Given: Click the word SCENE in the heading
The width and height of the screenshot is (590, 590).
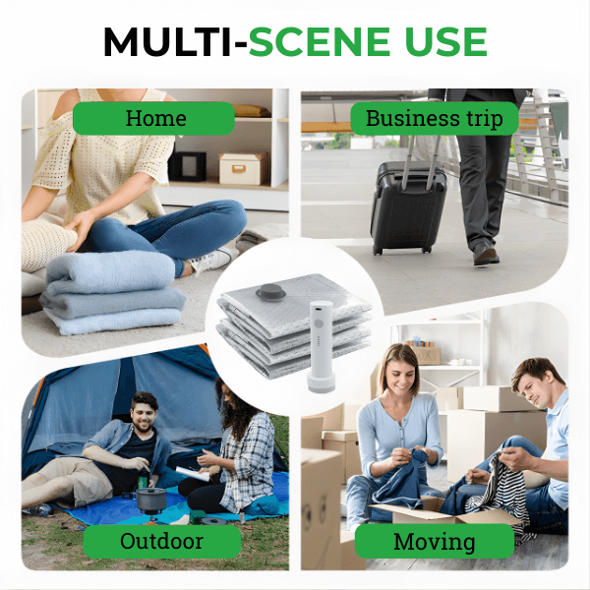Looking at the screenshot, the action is click(x=320, y=41).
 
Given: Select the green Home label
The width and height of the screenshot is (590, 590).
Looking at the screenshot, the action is click(x=153, y=118).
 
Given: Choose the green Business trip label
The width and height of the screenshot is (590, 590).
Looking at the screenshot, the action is click(x=435, y=118).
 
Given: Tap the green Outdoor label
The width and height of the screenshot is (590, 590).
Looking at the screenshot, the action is click(x=162, y=541).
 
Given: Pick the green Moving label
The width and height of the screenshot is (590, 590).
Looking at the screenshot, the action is click(x=435, y=541).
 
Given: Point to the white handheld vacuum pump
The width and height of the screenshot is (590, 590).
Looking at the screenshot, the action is click(x=321, y=346).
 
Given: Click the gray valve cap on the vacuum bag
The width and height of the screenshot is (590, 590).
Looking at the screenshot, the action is click(x=270, y=292).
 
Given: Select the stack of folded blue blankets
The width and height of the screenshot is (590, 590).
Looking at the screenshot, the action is click(x=112, y=293).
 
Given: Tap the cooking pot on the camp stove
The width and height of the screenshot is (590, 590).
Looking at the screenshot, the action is click(x=150, y=499).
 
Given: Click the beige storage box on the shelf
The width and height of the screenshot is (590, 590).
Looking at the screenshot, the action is click(x=244, y=168).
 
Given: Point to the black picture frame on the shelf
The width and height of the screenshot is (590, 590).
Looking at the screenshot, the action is click(x=188, y=166).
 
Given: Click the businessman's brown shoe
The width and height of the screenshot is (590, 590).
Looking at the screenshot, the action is click(x=486, y=254).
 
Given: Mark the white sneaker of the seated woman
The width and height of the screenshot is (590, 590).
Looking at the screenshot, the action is click(x=212, y=261).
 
